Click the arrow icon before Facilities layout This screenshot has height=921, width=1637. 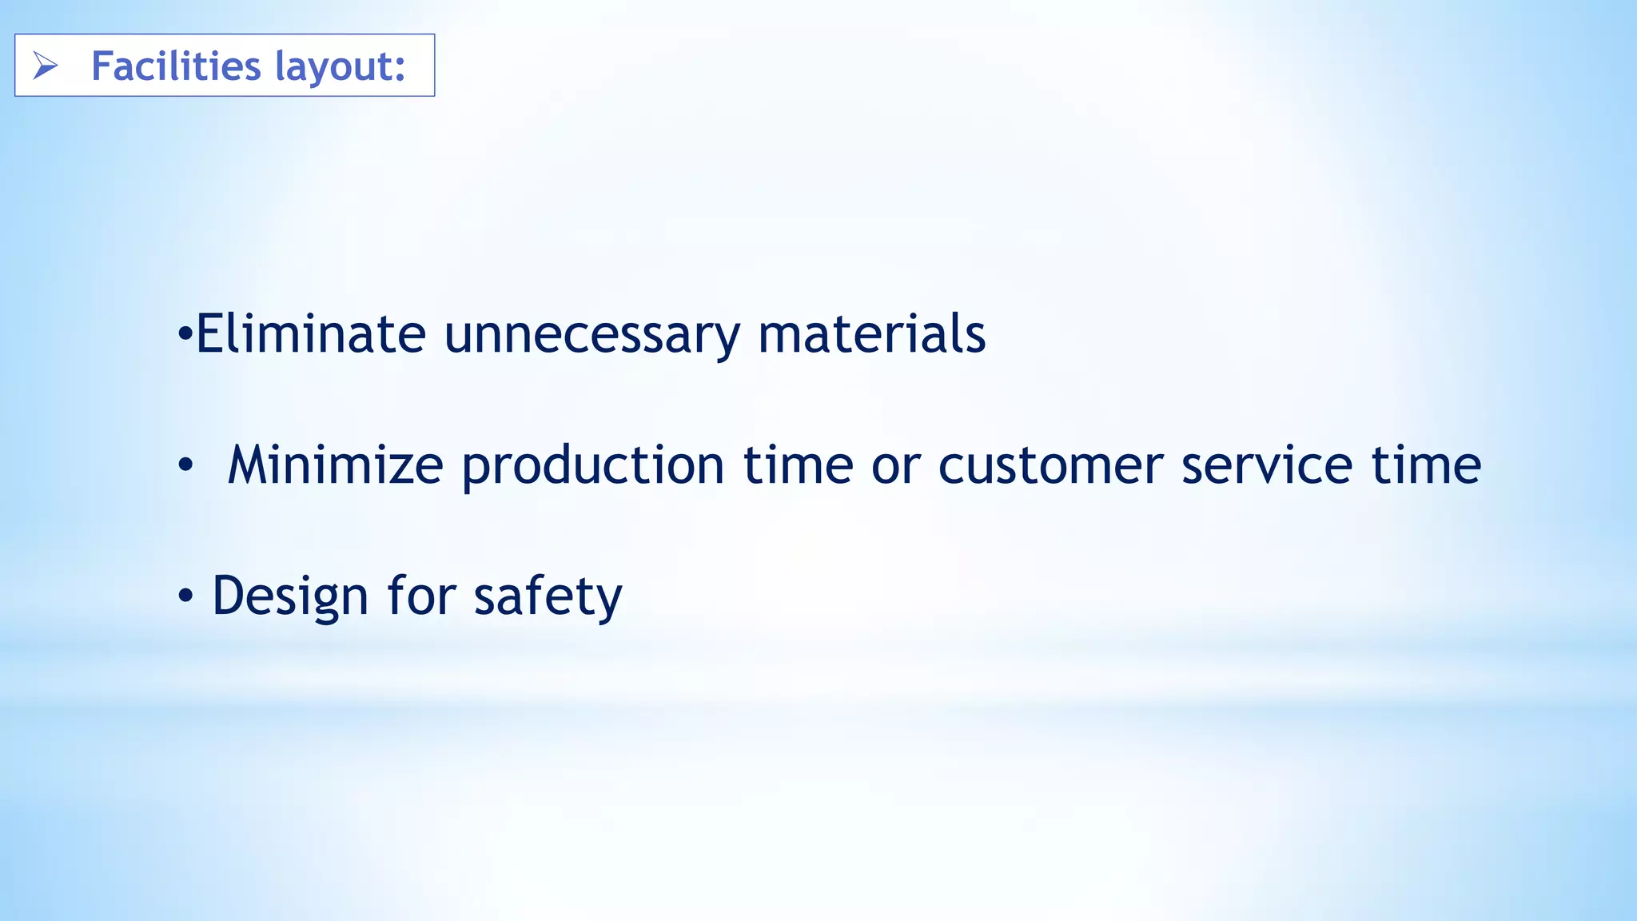tap(46, 66)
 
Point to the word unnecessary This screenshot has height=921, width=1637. tap(591, 336)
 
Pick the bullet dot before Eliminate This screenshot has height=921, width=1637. tap(185, 335)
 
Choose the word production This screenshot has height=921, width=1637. tap(593, 467)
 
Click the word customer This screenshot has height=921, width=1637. tap(1050, 466)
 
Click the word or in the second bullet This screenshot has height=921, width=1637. tap(895, 467)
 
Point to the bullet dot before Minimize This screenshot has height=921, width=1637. tap(185, 464)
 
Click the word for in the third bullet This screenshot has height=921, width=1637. tap(421, 596)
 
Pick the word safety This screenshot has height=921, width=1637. tap(548, 597)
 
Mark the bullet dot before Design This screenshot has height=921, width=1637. tap(185, 596)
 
